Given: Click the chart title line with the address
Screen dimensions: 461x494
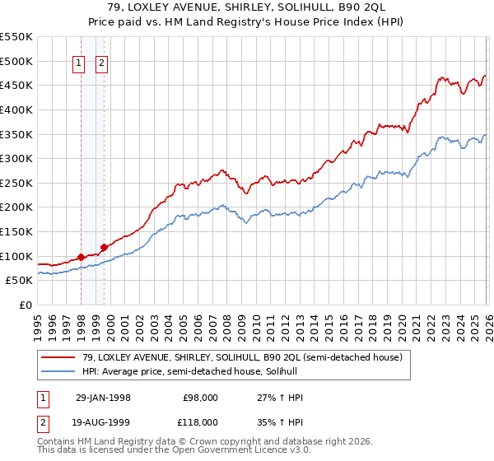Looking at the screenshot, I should click(247, 7).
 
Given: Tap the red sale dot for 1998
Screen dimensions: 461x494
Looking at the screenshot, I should click(82, 257).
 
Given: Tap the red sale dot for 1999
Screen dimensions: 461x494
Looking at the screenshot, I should click(104, 247).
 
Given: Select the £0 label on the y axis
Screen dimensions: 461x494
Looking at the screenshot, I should click(25, 305).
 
